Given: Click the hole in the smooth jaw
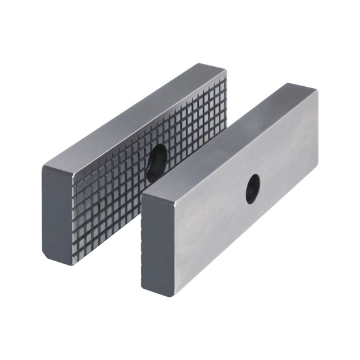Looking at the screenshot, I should [x=252, y=188].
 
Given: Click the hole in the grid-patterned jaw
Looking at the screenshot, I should [x=156, y=163].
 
